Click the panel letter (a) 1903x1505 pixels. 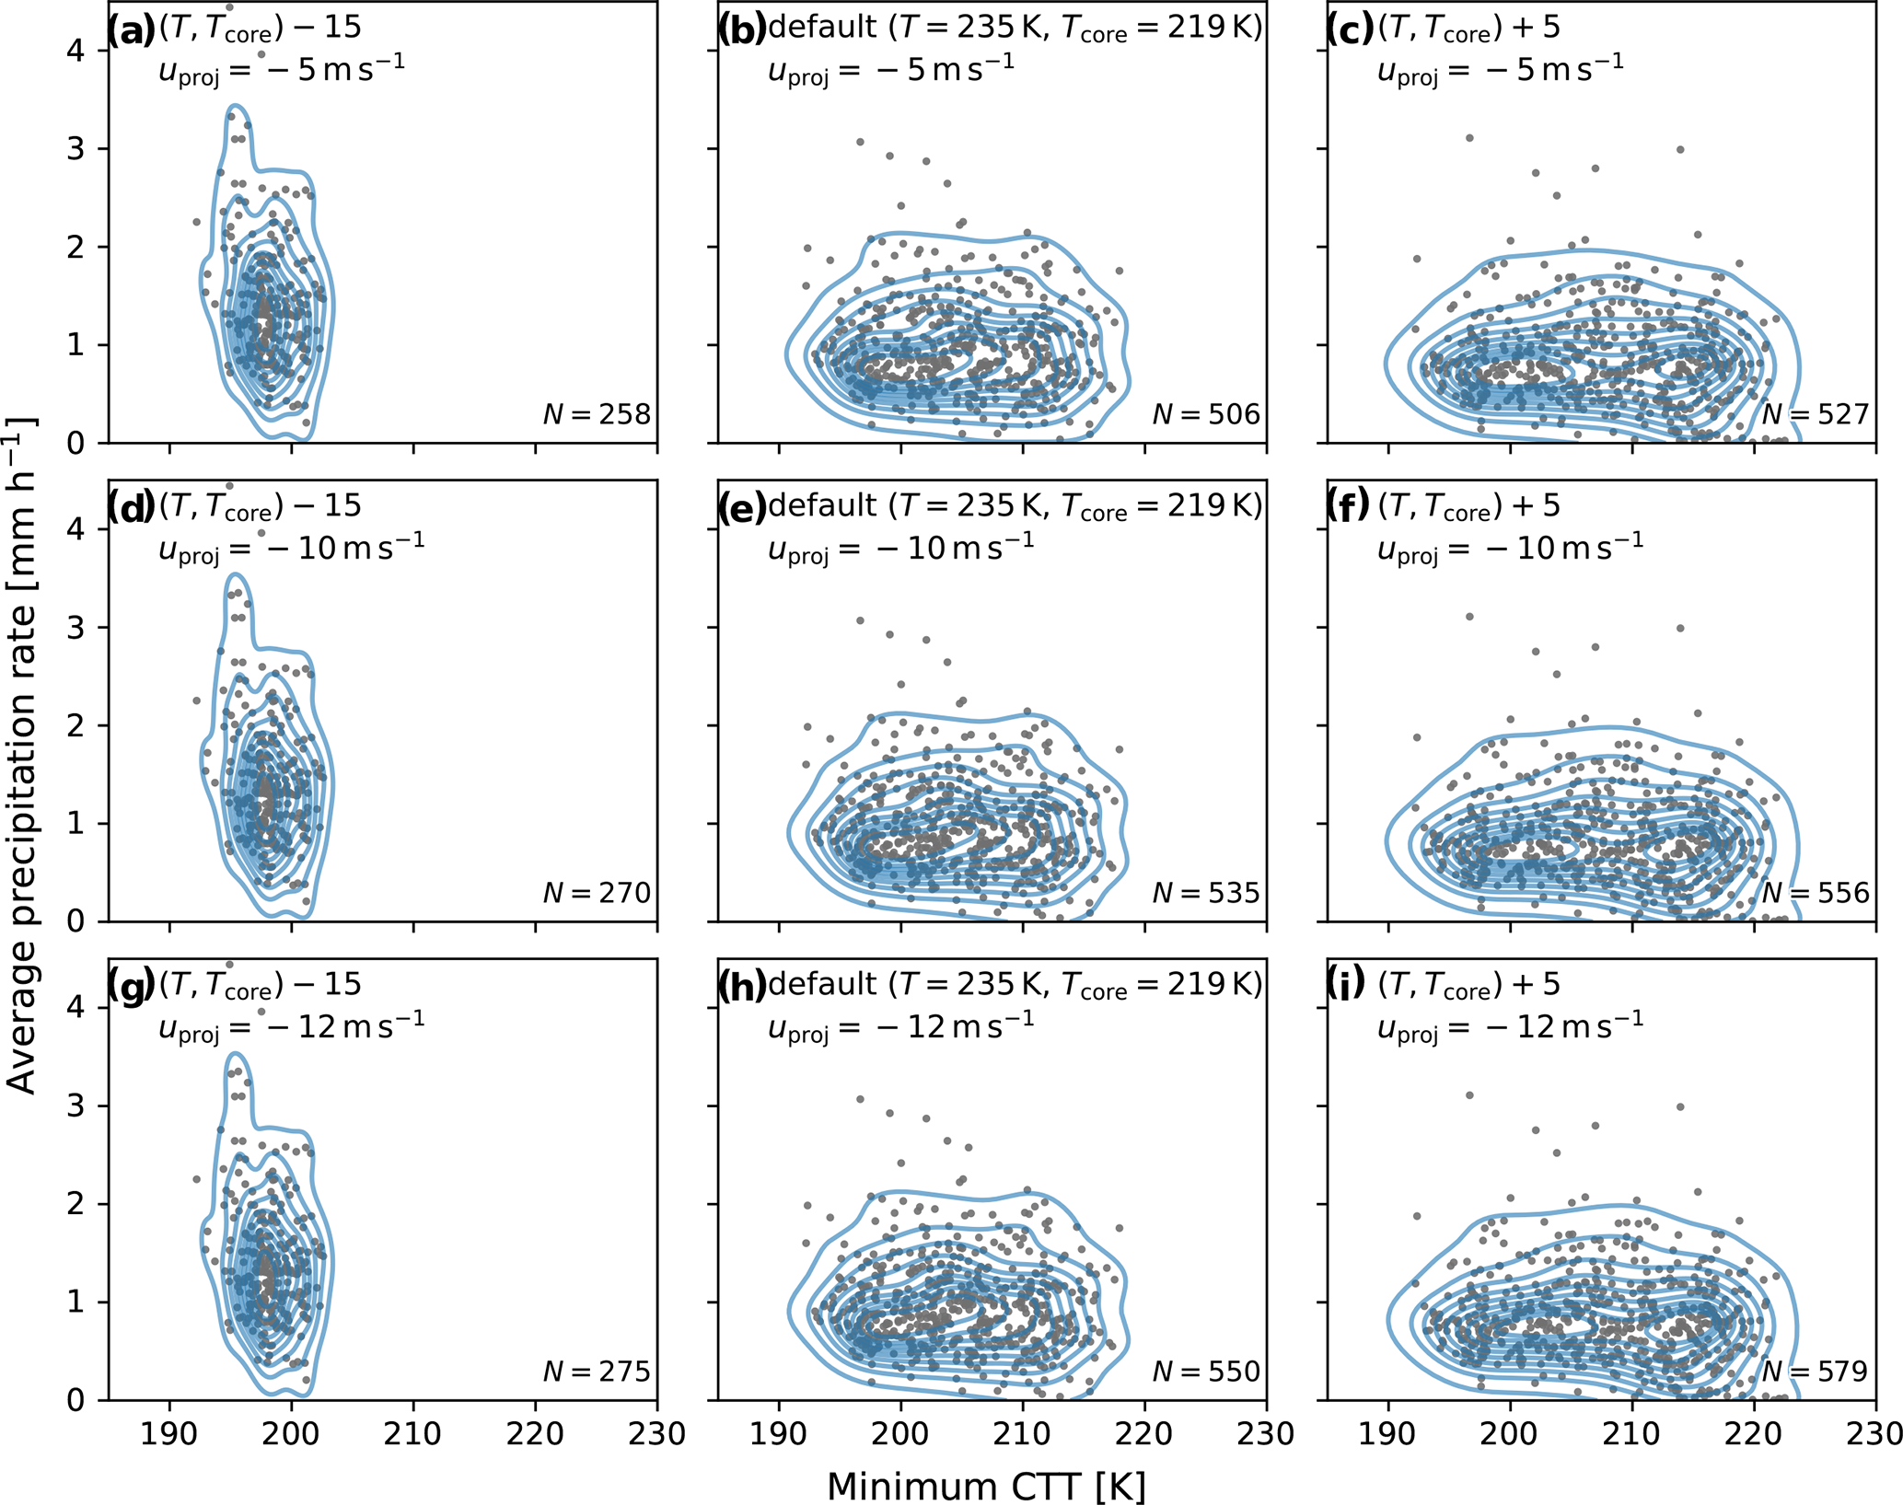tap(132, 31)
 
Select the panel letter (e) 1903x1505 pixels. tap(742, 509)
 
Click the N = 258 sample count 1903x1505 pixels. tap(597, 415)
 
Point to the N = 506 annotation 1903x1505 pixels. tap(1206, 415)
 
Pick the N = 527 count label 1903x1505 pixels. tap(1816, 415)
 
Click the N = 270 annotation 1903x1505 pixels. tap(597, 893)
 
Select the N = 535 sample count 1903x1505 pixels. tap(1206, 893)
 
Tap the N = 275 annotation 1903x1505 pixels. tap(597, 1372)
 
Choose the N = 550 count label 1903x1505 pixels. tap(1206, 1372)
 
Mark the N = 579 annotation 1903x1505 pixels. tap(1816, 1372)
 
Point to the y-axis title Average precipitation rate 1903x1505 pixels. tap(22, 755)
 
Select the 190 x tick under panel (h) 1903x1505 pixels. tap(779, 1434)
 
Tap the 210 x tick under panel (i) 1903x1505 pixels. tap(1631, 1434)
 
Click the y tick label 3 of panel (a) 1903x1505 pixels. tap(75, 149)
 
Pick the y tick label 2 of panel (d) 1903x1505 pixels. tap(75, 725)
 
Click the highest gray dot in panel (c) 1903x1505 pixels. tap(1469, 138)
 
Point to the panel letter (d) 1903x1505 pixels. tap(132, 509)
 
